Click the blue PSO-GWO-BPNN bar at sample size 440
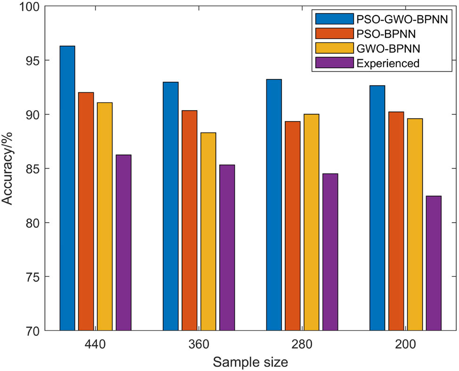point(67,188)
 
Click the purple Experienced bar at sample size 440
point(123,242)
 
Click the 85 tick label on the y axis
point(32,169)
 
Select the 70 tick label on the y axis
point(32,331)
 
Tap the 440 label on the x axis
point(96,345)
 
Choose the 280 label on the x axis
point(302,345)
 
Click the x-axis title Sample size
point(250,362)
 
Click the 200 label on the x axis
point(405,345)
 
